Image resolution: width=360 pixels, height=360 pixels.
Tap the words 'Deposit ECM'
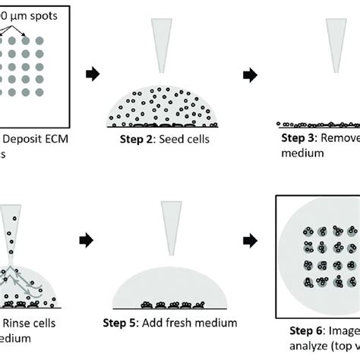click(x=35, y=138)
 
